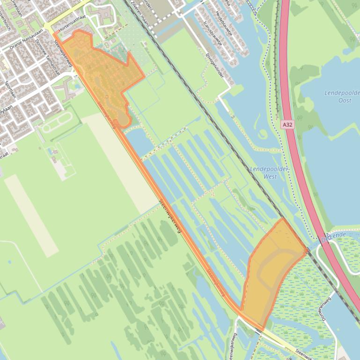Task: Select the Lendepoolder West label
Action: [x=270, y=173]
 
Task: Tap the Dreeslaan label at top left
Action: [x=16, y=8]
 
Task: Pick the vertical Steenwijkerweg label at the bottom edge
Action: [x=233, y=346]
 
